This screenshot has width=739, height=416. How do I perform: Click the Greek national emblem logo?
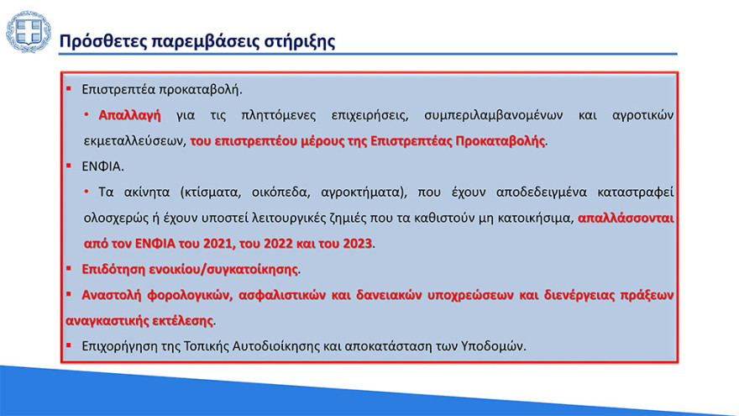point(29,33)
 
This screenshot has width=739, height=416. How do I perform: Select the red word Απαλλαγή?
point(129,114)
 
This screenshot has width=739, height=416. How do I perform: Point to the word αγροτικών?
point(641,114)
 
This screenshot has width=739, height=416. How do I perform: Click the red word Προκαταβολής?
point(501,140)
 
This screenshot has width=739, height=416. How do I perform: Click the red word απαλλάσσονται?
point(626,219)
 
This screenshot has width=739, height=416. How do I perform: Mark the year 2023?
point(355,245)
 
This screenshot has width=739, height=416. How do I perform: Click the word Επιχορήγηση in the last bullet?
point(121,347)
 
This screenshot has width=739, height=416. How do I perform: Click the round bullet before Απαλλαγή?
point(86,114)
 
